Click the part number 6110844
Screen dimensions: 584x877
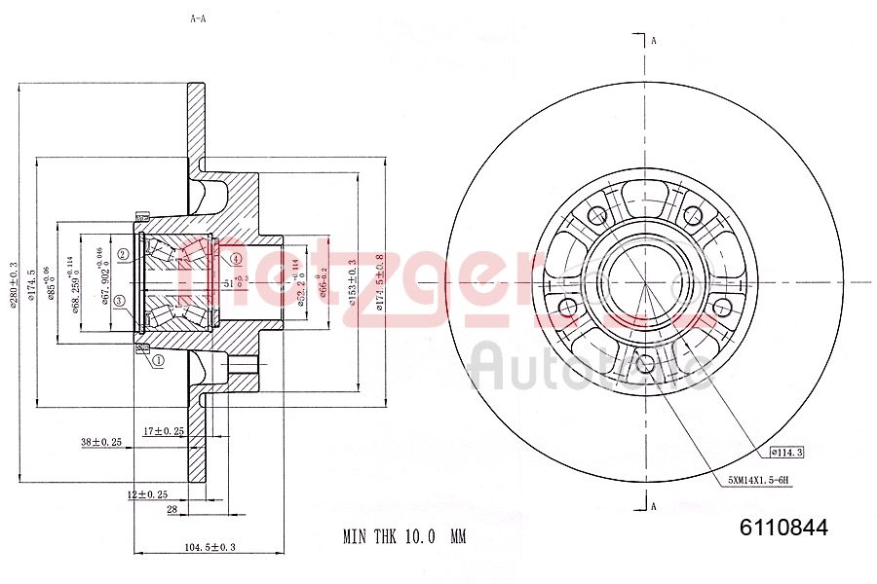(x=783, y=529)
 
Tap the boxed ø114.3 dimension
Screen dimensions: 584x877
(x=785, y=452)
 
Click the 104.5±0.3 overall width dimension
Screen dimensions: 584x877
(x=210, y=547)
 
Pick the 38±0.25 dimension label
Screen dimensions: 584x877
(x=100, y=442)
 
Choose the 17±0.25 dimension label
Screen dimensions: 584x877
(x=163, y=429)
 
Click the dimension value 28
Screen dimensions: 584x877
(x=172, y=509)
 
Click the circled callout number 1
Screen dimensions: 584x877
(x=158, y=360)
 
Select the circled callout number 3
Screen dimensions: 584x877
(x=119, y=302)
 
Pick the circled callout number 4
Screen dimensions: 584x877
(x=236, y=259)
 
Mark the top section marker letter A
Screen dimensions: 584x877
(x=654, y=41)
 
